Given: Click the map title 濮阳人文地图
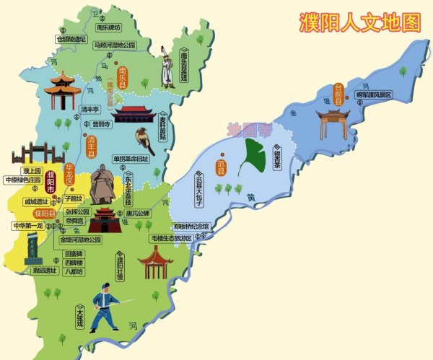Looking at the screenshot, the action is [x=359, y=22].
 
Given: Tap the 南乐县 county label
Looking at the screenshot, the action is [x=122, y=76].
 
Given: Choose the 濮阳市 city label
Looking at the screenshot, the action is [x=50, y=180].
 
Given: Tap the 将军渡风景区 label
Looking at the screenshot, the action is [x=373, y=95].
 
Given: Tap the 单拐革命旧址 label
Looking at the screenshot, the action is [x=131, y=158].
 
